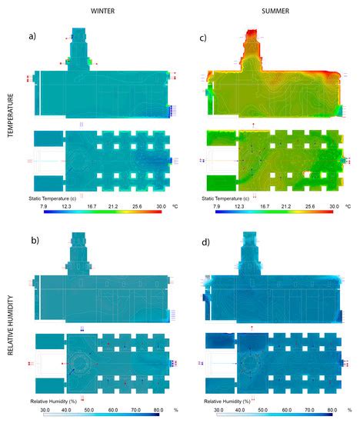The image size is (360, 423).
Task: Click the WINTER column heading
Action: pos(102,12)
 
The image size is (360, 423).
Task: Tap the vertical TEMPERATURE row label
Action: pos(9,115)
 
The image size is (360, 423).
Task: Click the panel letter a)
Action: pos(32,36)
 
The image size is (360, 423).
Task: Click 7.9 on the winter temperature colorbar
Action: pos(35,206)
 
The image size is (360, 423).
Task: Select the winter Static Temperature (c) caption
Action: pos(58,198)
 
